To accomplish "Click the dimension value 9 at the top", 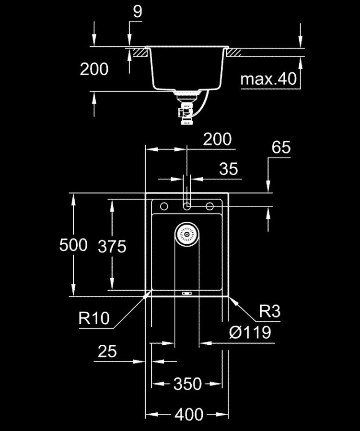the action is [x=137, y=11].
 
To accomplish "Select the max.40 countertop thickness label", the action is [x=268, y=79].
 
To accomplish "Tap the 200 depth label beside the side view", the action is [x=94, y=69].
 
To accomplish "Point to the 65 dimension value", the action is [x=281, y=147].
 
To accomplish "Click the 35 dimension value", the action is [x=229, y=169].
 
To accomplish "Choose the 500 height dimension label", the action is [x=73, y=245].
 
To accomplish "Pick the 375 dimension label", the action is [x=112, y=246].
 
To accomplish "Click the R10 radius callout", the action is [x=94, y=318].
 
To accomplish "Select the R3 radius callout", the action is [x=269, y=311].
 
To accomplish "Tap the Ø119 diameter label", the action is [x=250, y=332].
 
